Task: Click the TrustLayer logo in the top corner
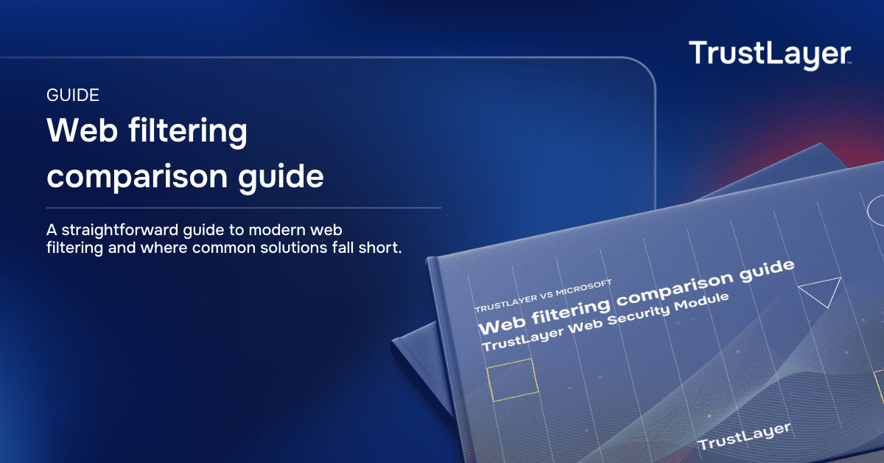[770, 55]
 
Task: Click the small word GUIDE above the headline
[73, 95]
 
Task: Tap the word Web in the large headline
[82, 130]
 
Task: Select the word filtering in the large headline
[188, 131]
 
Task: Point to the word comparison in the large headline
[137, 178]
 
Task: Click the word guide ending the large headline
[281, 177]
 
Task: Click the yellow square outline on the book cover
[512, 380]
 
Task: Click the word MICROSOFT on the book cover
[583, 288]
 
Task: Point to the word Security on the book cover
[638, 316]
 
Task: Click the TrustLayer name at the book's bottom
[744, 436]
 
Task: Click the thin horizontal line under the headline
[244, 208]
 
